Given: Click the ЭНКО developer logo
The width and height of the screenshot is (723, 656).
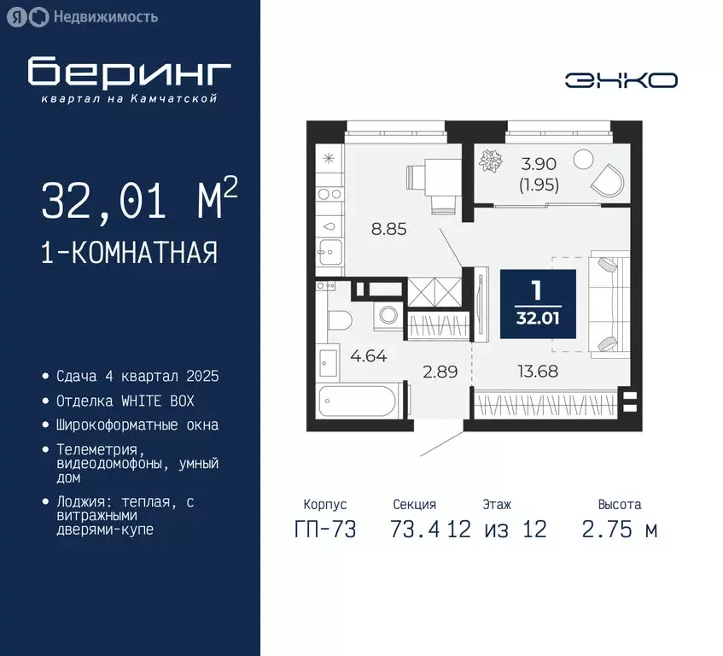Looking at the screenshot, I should [621, 80].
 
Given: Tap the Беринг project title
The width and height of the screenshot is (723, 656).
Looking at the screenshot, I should [129, 73].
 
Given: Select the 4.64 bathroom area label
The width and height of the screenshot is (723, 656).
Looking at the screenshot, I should [368, 357].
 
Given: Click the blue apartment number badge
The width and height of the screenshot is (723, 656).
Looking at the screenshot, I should [537, 303].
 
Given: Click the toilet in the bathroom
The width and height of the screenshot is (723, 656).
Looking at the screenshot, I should [338, 320].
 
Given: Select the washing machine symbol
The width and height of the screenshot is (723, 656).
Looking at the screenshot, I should [388, 314].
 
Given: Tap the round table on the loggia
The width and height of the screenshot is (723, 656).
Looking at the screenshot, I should [583, 159].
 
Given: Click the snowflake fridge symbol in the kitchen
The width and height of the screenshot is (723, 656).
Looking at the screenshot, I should [327, 158].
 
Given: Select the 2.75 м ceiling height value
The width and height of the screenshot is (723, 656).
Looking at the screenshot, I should [619, 530].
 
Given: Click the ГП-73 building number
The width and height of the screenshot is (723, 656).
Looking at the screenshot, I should [325, 530].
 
